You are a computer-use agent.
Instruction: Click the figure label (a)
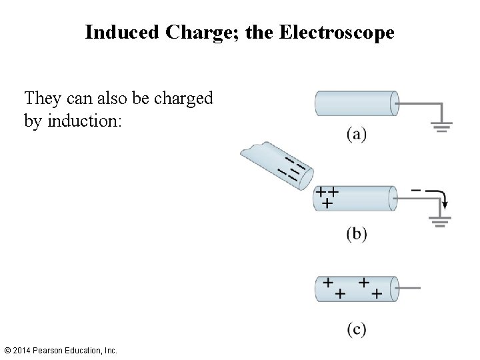pyautogui.click(x=356, y=134)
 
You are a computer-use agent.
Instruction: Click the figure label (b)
pyautogui.click(x=356, y=234)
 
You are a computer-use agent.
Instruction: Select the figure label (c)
pyautogui.click(x=356, y=329)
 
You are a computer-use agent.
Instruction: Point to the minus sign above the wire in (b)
pyautogui.click(x=416, y=190)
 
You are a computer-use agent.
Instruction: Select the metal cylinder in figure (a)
pyautogui.click(x=355, y=105)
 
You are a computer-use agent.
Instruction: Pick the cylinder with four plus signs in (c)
pyautogui.click(x=355, y=288)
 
